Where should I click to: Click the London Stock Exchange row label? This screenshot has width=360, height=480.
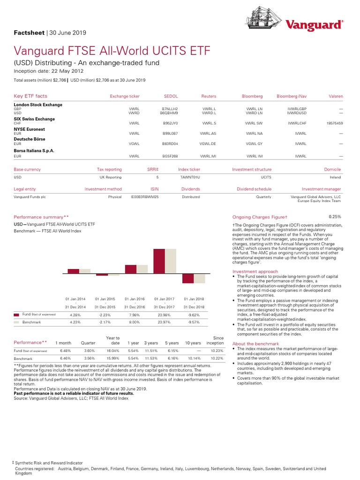38,105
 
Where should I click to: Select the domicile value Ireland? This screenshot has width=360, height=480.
335,178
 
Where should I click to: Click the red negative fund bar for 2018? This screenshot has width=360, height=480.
187,278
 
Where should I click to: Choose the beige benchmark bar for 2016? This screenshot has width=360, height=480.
142,269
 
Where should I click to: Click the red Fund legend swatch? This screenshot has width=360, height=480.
16,314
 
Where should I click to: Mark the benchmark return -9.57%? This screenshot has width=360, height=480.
194,322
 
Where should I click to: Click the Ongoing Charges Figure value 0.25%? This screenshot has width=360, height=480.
335,217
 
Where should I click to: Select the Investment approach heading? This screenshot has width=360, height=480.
255,271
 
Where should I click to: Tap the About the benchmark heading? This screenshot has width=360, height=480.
255,344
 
